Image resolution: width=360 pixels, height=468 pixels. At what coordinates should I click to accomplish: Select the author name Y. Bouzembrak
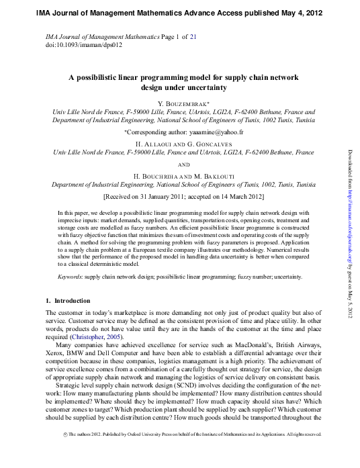point(179,103)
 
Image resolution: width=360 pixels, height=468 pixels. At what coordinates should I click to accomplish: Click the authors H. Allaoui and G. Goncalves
point(179,144)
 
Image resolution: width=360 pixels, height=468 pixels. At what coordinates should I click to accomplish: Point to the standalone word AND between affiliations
point(179,163)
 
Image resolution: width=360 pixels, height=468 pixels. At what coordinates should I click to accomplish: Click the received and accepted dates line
point(179,198)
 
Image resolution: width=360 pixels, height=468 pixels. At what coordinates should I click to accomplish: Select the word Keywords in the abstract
point(71,276)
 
